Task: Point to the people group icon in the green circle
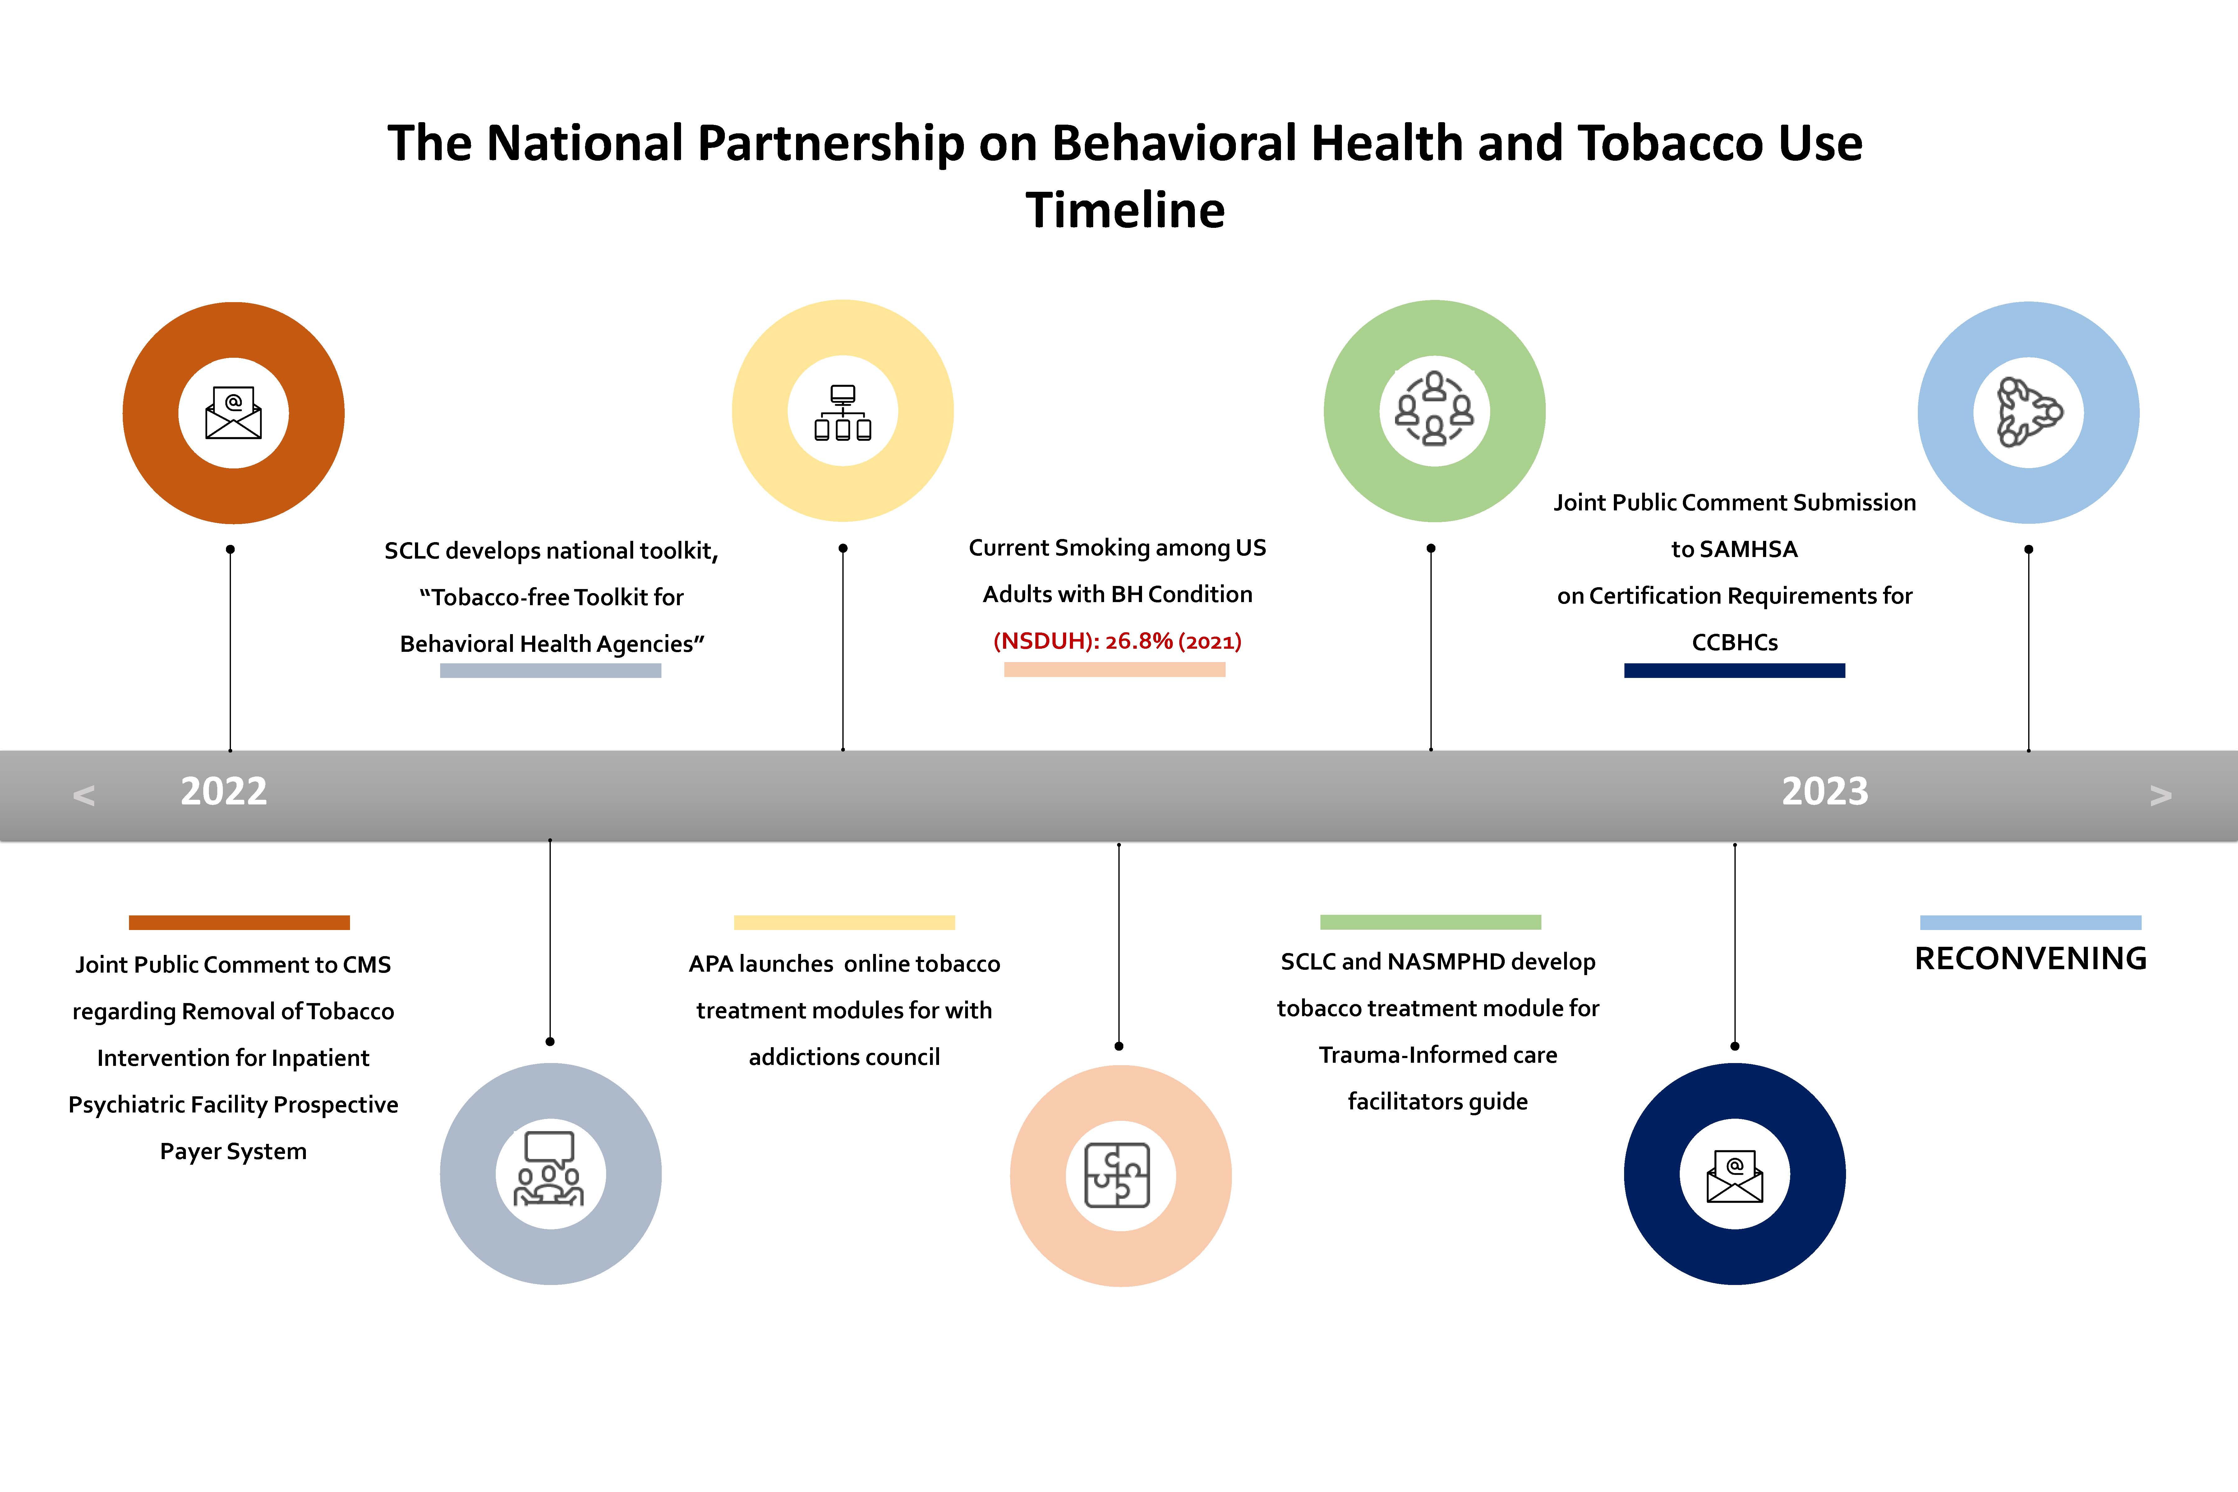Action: coord(1434,409)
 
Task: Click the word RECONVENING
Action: coord(2031,958)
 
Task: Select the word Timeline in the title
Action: coord(1125,210)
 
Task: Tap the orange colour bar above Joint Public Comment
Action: coord(239,922)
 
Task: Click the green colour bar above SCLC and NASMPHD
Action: coord(1430,922)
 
